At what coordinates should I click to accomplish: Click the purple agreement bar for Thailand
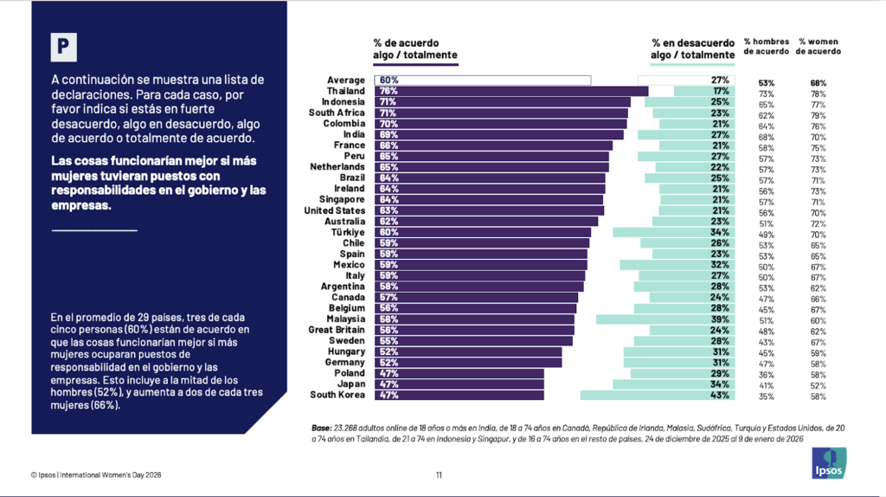point(510,91)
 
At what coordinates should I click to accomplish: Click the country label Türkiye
point(348,232)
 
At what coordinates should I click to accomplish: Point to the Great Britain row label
point(337,330)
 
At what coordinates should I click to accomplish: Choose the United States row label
point(335,210)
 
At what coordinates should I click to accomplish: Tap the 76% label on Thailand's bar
point(388,91)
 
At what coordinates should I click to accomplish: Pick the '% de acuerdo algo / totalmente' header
point(414,48)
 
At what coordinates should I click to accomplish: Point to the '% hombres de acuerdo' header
point(767,46)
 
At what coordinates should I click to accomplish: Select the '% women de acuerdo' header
point(819,46)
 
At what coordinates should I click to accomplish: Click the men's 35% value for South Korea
point(766,397)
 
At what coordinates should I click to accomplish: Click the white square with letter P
point(62,47)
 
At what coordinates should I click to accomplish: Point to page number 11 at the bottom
point(439,474)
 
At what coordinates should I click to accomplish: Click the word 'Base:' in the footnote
point(320,428)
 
